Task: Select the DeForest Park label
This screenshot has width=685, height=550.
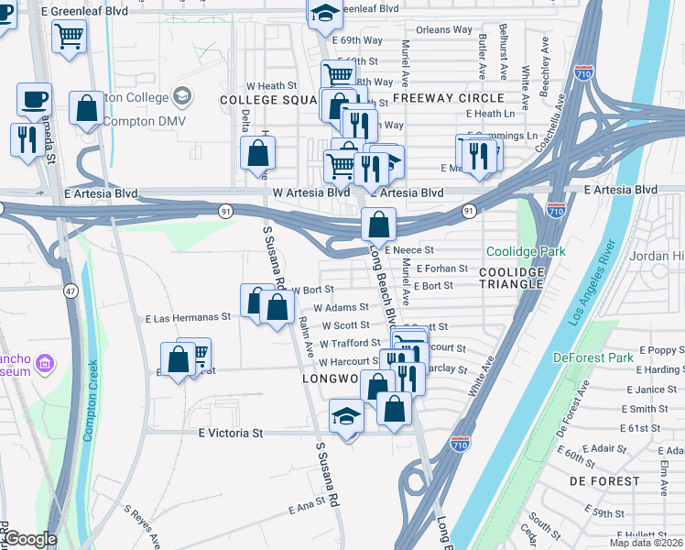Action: [x=593, y=357]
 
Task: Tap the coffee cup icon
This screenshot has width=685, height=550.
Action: [x=35, y=99]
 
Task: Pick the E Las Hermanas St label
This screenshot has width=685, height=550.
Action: [x=188, y=318]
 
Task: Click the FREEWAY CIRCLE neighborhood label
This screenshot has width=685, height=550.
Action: [x=448, y=98]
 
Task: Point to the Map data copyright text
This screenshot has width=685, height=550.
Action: [x=646, y=543]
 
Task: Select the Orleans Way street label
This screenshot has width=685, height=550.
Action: [x=444, y=30]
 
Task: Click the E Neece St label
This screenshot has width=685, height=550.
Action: [x=408, y=249]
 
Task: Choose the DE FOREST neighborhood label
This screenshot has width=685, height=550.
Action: [x=603, y=480]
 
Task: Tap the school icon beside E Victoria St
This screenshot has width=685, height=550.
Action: [x=345, y=417]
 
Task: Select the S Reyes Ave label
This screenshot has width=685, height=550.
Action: [x=141, y=525]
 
